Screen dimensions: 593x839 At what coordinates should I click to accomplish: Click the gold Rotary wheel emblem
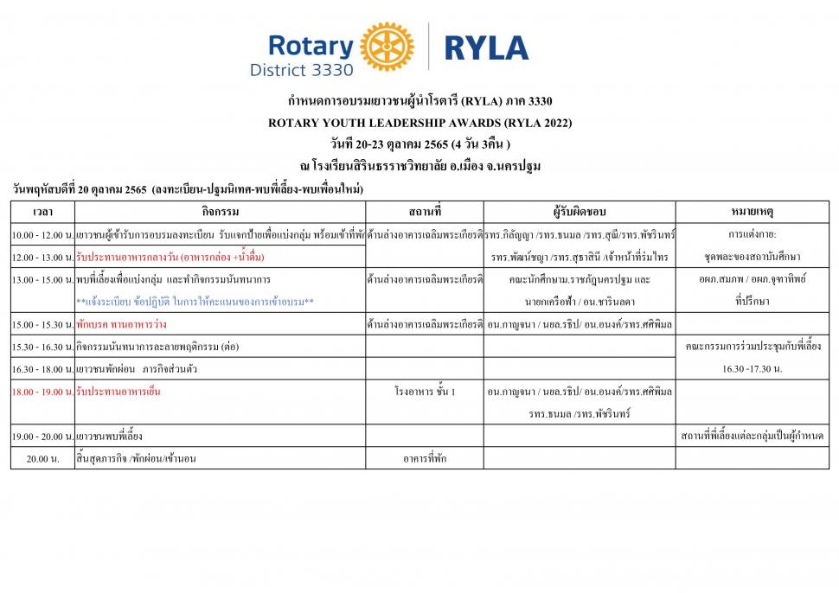point(387,48)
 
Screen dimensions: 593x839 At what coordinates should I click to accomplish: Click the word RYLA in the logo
point(486,48)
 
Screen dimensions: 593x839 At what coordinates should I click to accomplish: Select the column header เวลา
point(42,212)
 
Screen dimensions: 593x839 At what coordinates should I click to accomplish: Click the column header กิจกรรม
point(220,212)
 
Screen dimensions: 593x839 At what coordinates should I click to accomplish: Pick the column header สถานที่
point(424,212)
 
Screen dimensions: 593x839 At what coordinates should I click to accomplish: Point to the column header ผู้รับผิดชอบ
point(580,212)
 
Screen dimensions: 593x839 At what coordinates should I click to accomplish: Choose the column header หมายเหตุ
point(752,212)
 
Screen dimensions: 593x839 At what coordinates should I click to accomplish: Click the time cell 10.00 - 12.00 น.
point(42,235)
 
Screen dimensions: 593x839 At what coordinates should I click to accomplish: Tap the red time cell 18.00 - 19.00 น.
point(42,392)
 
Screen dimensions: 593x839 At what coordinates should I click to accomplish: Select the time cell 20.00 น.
point(42,459)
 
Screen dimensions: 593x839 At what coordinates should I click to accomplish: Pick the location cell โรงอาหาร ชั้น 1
point(424,392)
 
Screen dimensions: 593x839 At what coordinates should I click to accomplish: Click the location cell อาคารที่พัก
point(424,459)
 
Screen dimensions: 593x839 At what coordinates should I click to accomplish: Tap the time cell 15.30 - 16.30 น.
point(42,347)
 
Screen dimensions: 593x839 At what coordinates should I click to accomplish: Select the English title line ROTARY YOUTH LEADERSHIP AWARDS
point(419,123)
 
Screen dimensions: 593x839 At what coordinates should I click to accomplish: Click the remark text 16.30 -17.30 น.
point(752,368)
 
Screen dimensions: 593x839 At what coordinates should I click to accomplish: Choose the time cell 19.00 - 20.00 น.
point(42,437)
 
